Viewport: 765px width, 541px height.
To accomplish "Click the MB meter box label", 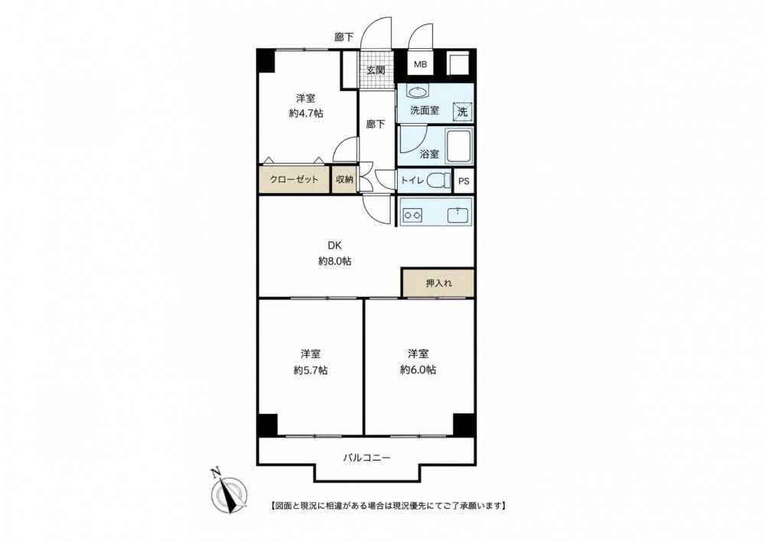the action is point(420,64).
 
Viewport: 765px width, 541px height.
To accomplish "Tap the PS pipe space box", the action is point(464,181).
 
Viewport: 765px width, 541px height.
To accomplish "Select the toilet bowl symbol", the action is point(438,181).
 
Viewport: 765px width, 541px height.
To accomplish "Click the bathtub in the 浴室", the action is point(458,148).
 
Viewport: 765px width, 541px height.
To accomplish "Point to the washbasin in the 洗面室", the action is point(417,92).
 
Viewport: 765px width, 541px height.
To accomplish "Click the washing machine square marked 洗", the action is point(462,111).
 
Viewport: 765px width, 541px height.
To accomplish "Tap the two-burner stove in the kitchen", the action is point(412,213).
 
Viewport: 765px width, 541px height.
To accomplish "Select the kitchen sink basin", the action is point(457,214).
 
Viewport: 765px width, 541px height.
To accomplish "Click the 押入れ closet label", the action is point(439,283).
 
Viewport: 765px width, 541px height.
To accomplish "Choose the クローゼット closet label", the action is point(295,179).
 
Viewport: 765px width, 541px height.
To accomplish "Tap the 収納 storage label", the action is point(344,179).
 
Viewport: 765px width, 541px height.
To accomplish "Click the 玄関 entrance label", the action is point(376,70).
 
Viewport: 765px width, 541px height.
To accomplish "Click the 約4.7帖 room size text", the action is point(306,113).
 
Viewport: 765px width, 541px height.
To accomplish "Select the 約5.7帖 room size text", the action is point(311,370).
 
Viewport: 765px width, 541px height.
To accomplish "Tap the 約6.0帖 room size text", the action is point(418,370).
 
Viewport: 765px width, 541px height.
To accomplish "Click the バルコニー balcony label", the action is point(367,458).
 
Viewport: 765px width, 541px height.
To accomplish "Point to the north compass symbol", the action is point(227,492).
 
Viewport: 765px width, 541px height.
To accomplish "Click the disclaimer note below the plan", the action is point(387,505).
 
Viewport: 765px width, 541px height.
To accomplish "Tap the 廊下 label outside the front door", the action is point(344,37).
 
